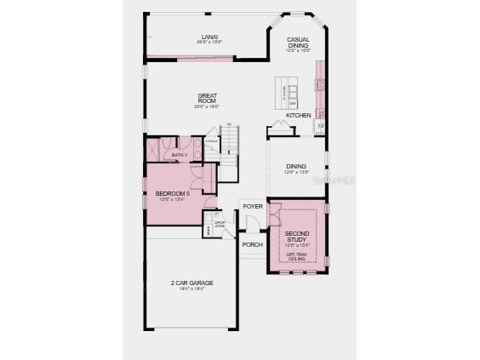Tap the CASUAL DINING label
tap(297, 43)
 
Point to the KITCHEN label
tap(298, 115)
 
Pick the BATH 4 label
tap(179, 155)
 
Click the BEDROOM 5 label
tap(172, 195)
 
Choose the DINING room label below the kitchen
tap(295, 167)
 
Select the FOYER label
tap(253, 207)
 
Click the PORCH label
tap(252, 244)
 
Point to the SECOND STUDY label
tap(296, 236)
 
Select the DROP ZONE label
tap(219, 224)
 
